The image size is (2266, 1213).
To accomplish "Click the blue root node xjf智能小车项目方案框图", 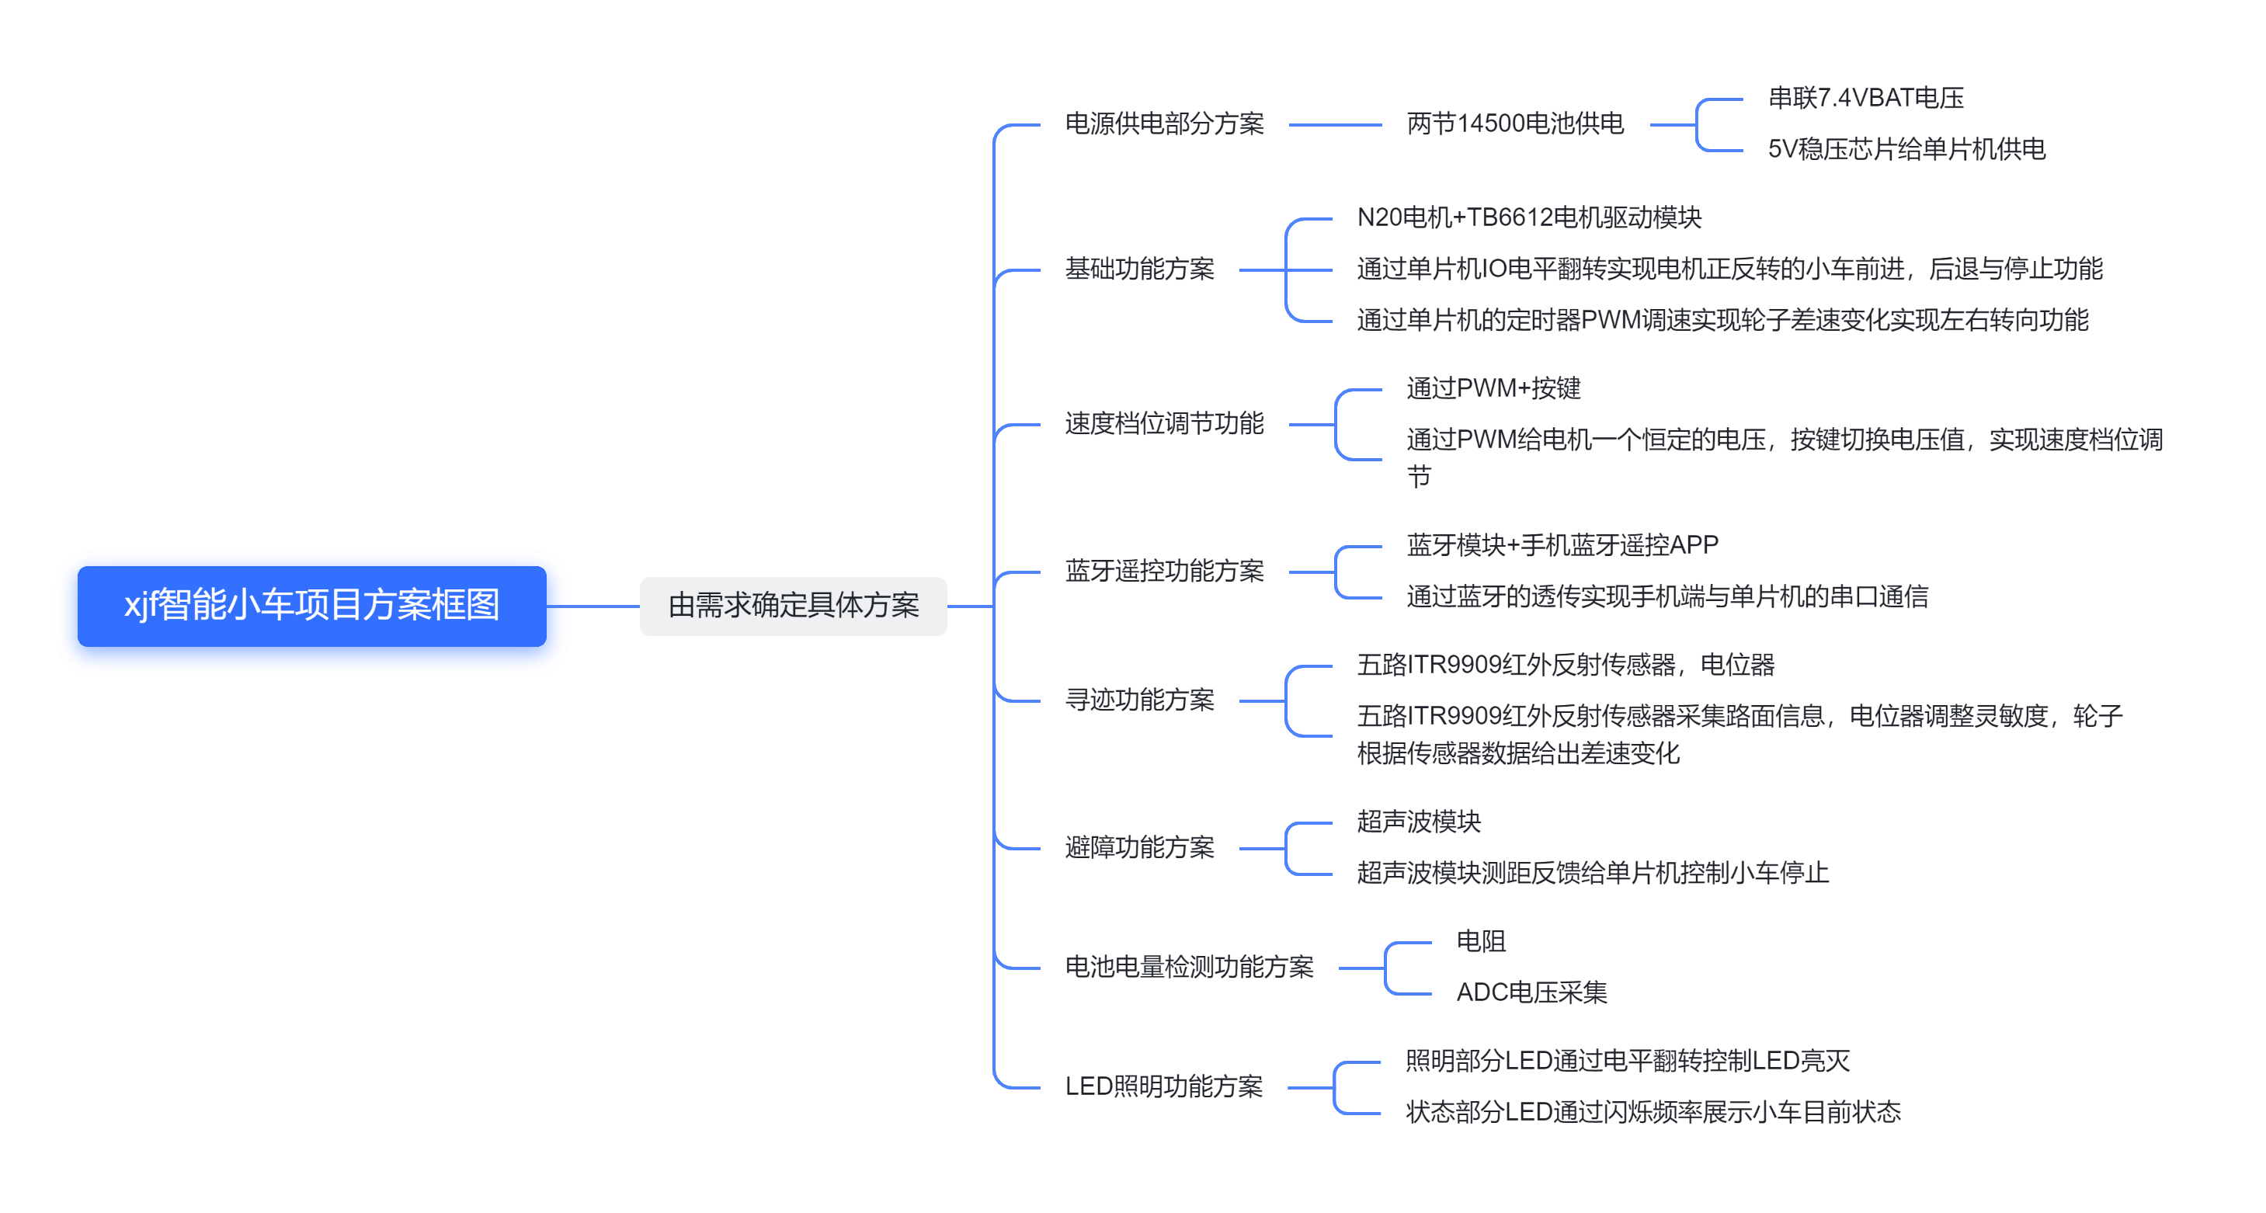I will [311, 606].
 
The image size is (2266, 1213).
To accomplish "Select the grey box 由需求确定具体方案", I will [793, 606].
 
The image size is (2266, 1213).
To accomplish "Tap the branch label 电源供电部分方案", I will [1164, 124].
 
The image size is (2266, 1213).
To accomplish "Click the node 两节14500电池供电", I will [1515, 124].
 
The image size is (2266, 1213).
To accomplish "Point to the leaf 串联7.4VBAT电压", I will [1866, 99].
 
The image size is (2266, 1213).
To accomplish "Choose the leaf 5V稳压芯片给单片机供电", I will [1906, 150].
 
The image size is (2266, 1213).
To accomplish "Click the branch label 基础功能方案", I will [1139, 269].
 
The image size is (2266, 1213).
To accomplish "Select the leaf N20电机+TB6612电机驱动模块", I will [1529, 217].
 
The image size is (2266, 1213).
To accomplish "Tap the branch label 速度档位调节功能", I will [1164, 424].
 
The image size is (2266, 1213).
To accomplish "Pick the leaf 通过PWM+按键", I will [1493, 389].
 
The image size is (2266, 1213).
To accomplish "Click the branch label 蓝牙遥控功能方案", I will [1164, 572].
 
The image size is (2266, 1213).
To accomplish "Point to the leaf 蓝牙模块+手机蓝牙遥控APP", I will [1562, 545].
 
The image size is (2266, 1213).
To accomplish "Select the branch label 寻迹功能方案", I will [1139, 700].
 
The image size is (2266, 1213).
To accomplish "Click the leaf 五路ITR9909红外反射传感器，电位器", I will [1565, 665].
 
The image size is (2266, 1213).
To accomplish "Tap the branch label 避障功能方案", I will [1139, 848].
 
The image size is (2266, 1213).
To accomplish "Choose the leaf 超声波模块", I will [1418, 822].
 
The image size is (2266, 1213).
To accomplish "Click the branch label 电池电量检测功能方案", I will [1188, 968].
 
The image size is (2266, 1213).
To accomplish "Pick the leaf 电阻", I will [1480, 941].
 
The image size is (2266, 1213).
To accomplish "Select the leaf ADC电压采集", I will [1531, 993].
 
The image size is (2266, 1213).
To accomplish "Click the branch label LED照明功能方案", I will [1163, 1087].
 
